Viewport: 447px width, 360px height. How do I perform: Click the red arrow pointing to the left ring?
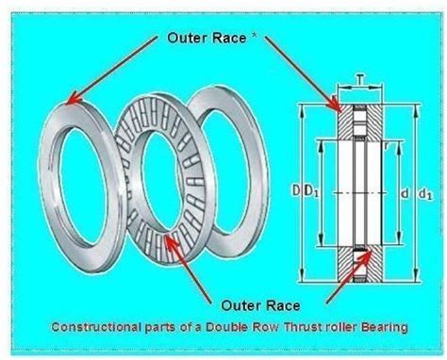click(109, 71)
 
